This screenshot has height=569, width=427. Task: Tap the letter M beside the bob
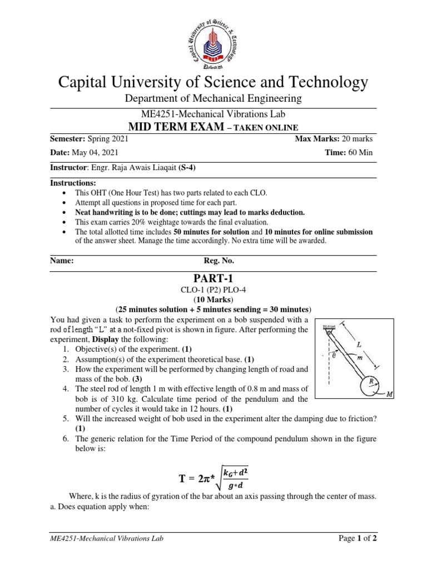pos(388,395)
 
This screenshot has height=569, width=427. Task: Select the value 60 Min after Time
pos(362,152)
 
